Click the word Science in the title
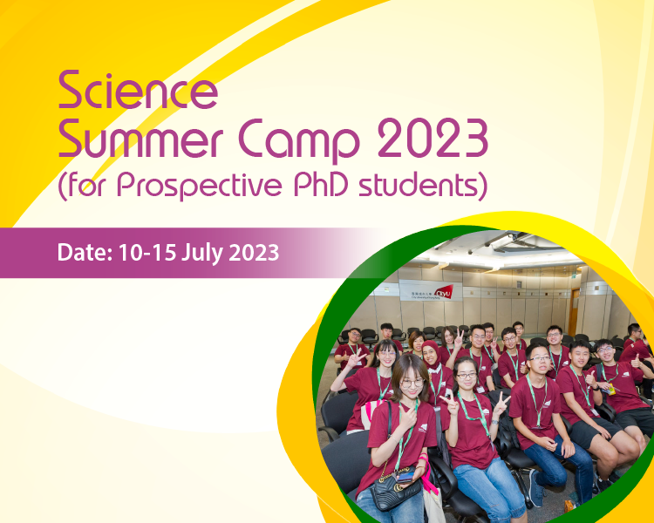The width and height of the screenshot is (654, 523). tap(137, 92)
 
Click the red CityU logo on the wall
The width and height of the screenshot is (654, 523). tap(444, 291)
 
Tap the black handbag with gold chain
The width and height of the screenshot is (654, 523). tap(398, 493)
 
